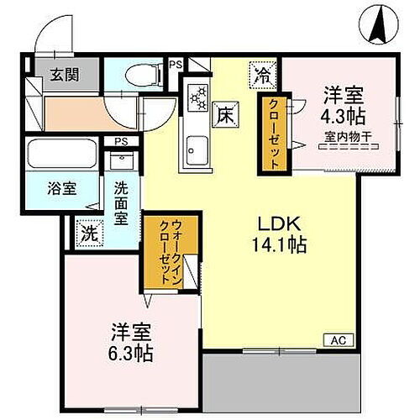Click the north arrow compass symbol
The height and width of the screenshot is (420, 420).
[x=376, y=25]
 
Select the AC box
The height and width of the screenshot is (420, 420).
[x=334, y=340]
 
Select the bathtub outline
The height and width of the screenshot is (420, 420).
[x=63, y=154]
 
